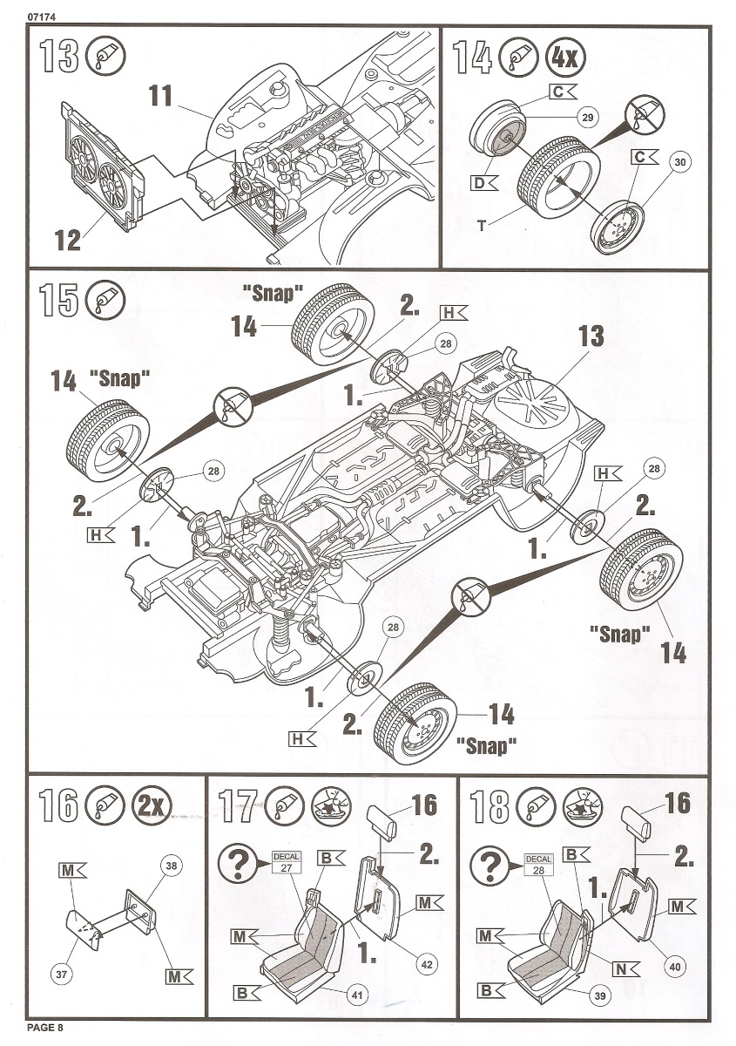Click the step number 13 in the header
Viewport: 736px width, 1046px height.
point(58,57)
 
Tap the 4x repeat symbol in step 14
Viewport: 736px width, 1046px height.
point(564,58)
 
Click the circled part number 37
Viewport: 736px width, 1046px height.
point(61,975)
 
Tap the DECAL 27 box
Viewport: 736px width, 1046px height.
point(287,862)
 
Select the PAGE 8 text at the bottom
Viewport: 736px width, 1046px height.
point(45,1030)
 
